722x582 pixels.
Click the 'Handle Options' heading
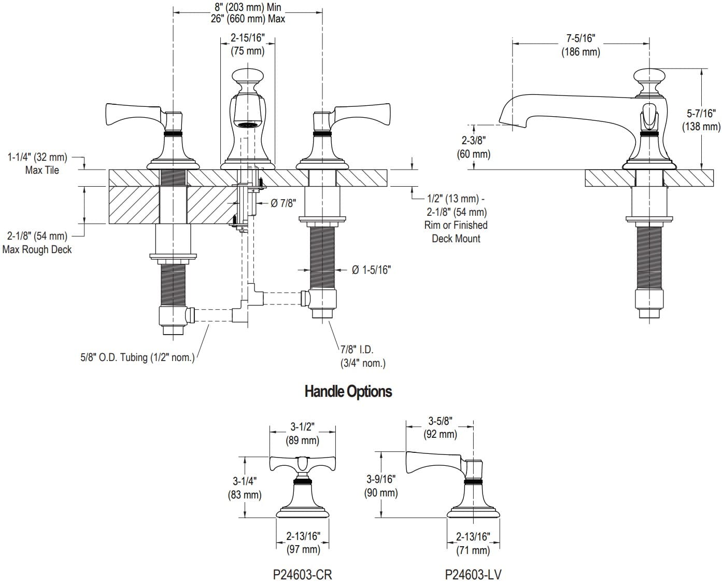348,391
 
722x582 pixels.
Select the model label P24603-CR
302,574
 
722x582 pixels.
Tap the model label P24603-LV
473,574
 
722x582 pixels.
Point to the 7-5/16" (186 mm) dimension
581,45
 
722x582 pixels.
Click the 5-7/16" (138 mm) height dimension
701,119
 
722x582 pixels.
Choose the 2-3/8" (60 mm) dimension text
473,147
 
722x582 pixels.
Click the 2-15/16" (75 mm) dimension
247,44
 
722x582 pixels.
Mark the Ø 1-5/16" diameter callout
371,270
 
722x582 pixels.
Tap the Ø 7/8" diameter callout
283,203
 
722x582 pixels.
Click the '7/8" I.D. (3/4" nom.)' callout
363,357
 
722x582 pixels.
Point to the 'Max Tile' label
42,170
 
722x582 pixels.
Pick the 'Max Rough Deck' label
37,250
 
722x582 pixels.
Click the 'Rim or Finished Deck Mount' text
456,232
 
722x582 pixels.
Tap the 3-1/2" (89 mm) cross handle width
302,434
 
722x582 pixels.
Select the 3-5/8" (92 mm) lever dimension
440,427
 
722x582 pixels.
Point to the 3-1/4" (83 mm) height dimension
244,488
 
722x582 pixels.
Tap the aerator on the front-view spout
247,124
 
